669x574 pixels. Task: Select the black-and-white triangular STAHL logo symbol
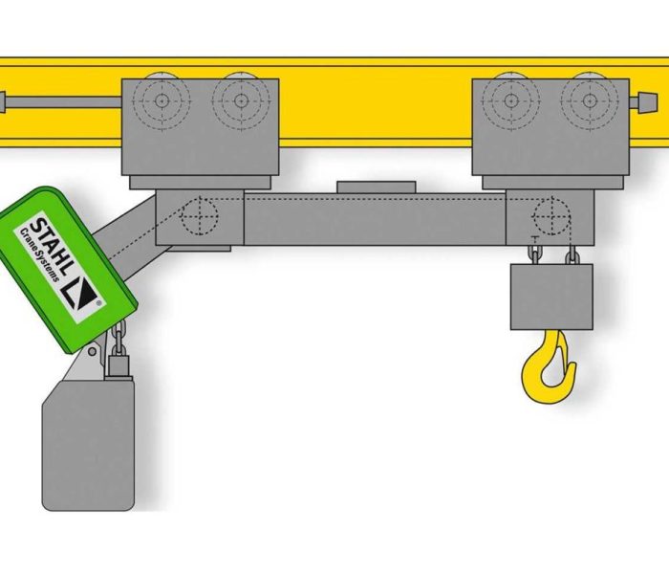tap(80, 294)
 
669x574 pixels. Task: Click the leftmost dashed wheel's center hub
tap(162, 100)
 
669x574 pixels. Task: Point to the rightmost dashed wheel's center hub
tap(590, 100)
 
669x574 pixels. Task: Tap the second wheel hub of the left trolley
tap(241, 100)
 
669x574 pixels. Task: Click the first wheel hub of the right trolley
tap(510, 100)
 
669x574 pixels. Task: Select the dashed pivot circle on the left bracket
tap(200, 215)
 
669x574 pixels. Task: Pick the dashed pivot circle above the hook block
tap(552, 215)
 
